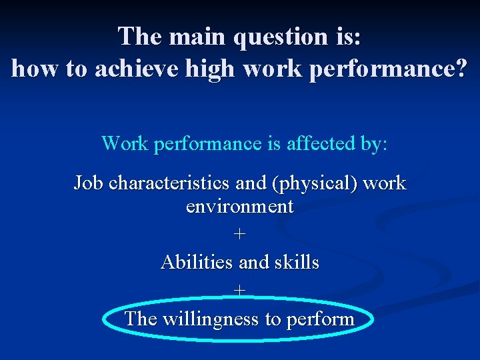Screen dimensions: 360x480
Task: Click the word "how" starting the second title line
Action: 35,69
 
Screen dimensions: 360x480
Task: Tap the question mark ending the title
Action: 461,69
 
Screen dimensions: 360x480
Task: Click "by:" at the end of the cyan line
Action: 373,143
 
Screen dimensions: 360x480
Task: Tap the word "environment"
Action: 240,207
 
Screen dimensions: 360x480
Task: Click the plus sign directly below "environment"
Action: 240,235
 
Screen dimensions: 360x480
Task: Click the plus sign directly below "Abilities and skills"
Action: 240,291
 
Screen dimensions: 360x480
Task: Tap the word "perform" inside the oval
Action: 319,319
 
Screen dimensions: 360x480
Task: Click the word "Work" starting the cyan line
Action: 125,143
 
